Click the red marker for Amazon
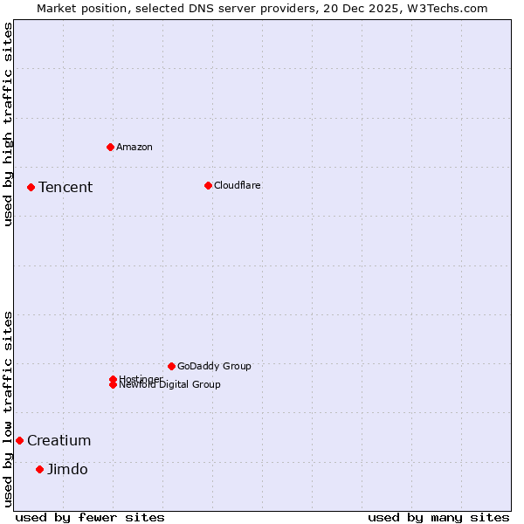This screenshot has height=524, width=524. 110,147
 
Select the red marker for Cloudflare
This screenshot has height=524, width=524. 208,185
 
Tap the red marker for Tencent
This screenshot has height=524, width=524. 31,187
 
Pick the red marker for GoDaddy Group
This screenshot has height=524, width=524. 171,366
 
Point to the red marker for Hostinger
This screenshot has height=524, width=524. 113,379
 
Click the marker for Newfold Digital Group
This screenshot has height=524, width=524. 113,385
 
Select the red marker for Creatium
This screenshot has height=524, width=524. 19,440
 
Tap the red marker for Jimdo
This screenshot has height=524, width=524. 39,469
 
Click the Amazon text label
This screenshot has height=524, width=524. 134,147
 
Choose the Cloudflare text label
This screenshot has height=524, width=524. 238,185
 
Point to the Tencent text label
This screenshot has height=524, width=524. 65,187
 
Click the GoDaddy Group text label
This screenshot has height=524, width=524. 214,366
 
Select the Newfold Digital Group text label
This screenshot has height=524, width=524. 170,385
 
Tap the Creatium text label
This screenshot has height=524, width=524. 59,440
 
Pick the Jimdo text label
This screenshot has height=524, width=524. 67,469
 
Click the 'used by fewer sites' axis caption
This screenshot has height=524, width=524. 90,517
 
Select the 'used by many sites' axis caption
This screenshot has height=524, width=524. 438,517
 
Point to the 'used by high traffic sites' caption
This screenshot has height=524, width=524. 8,124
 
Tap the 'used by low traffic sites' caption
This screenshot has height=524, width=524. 8,409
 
